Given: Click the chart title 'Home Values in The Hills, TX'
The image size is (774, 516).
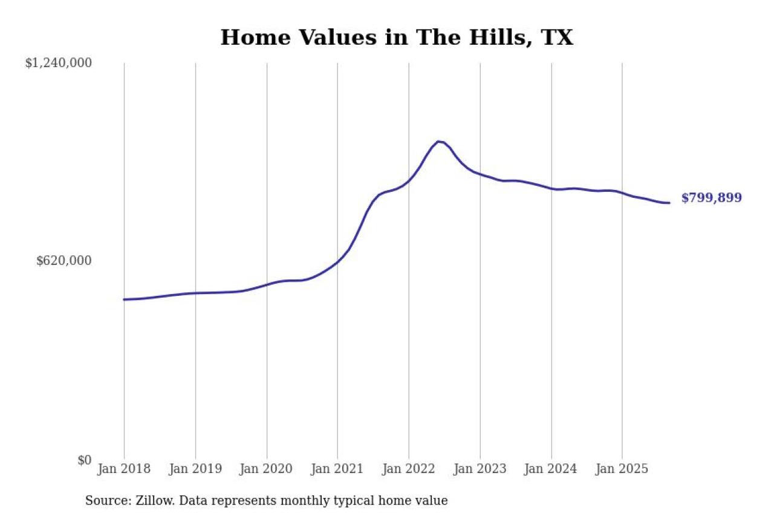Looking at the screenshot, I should pos(396,38).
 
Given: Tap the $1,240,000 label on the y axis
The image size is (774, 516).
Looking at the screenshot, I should pos(58,63).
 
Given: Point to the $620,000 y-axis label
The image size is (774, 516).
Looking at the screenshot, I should pos(64,261).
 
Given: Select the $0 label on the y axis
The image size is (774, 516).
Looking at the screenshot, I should pos(84,460).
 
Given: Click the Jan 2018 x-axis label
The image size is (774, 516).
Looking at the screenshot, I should pos(124,469).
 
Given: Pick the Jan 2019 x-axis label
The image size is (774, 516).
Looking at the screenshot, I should pos(195,469).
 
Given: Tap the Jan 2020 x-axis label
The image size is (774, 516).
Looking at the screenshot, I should pos(267,469).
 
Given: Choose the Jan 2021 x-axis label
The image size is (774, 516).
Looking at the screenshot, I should pos(337,469).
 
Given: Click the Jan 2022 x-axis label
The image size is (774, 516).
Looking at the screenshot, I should pos(409,469).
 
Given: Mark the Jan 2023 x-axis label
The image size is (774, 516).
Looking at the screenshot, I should pos(480,469).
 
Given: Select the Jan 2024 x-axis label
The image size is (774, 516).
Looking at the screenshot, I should pos(551,469).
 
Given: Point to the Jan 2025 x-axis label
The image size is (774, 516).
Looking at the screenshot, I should pos(622,469).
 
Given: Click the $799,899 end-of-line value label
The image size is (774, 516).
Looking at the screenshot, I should pos(711,198).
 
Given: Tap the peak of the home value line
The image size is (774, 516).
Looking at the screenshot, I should pos(438,142).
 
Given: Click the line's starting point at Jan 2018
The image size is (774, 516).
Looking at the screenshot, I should pos(124,299).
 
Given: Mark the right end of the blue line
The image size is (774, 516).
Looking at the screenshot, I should pos(669,203).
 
